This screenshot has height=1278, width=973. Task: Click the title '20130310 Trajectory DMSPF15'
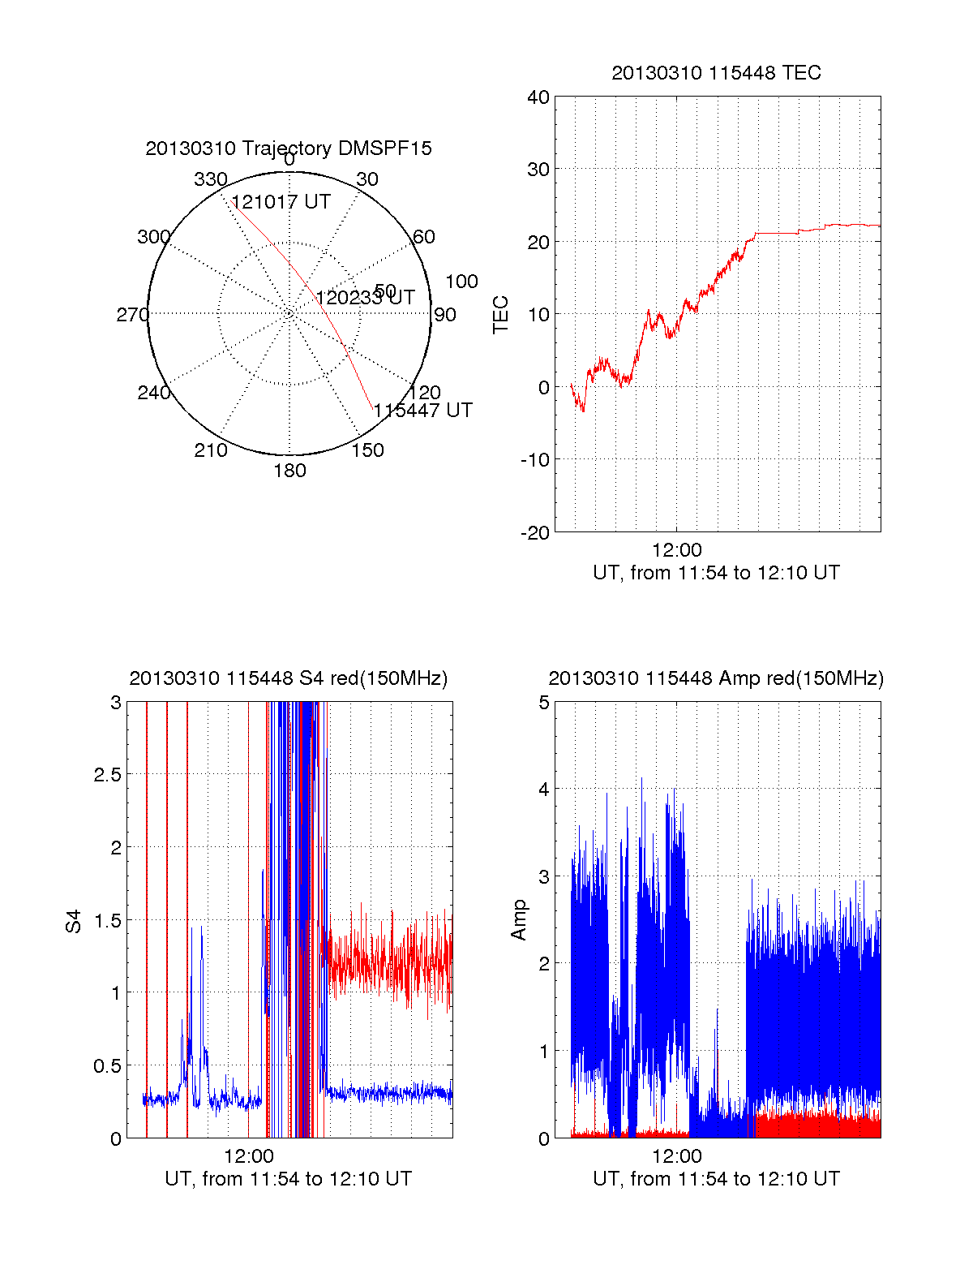tap(289, 148)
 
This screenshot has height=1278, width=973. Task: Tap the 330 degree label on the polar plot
tap(211, 179)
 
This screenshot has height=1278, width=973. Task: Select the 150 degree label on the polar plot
tap(367, 450)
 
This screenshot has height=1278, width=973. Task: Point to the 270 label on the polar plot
tap(132, 315)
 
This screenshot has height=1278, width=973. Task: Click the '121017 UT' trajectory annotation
tap(281, 202)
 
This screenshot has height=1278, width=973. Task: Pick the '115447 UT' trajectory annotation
tap(422, 411)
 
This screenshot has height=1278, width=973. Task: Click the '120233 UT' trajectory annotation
tap(365, 298)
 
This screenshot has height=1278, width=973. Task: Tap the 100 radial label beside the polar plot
tap(461, 282)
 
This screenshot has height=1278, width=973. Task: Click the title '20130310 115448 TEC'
tap(716, 73)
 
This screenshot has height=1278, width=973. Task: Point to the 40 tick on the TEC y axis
tap(538, 97)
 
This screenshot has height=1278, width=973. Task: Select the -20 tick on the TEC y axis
tap(535, 532)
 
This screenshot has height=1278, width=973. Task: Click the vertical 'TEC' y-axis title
tap(501, 315)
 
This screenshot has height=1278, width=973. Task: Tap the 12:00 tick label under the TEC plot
tap(676, 550)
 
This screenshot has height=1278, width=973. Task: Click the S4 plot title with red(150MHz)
tap(288, 678)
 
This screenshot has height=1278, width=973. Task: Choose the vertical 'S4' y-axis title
tap(74, 921)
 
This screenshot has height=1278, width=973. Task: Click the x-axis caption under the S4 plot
tap(288, 1179)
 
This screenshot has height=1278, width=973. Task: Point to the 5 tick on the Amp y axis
tap(544, 703)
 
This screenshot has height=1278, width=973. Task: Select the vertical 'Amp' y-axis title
tap(519, 919)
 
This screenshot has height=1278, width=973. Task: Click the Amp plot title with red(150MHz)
tap(716, 678)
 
